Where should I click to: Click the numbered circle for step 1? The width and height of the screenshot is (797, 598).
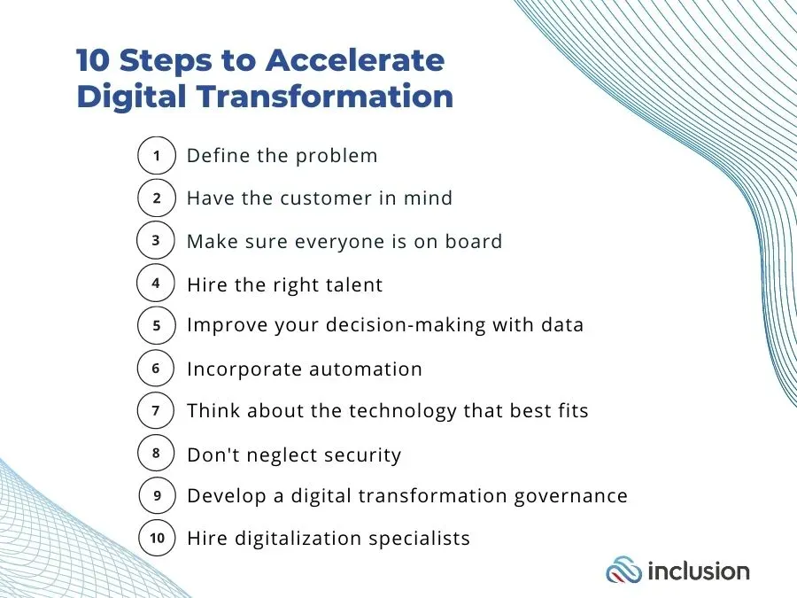(x=157, y=156)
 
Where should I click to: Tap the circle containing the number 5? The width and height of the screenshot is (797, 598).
(x=157, y=325)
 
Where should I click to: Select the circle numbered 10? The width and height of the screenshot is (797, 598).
(x=157, y=538)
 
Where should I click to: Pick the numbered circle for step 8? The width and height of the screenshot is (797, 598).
(x=157, y=453)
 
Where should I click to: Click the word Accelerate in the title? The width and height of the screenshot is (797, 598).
(x=355, y=60)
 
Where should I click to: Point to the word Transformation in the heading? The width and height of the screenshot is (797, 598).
(x=324, y=96)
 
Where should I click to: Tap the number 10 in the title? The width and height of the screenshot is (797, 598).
(x=93, y=60)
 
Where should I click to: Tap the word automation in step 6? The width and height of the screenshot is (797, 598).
(x=366, y=369)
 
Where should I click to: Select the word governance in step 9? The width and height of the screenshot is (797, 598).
(x=570, y=497)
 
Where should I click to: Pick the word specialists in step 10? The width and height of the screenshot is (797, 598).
(x=419, y=539)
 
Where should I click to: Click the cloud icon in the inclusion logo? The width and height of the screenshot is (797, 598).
(x=623, y=570)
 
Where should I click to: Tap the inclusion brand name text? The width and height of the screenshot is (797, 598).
(x=699, y=571)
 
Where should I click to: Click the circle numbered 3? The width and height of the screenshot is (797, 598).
(x=156, y=240)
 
